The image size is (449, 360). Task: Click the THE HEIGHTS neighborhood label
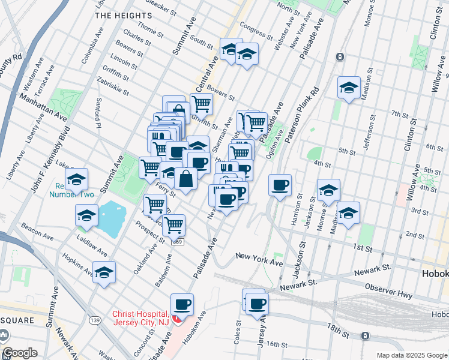[x=124, y=15]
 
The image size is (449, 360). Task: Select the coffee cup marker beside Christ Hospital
[x=182, y=305]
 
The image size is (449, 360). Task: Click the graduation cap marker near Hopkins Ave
[x=104, y=272]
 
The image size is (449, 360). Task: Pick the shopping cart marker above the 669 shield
[x=173, y=226]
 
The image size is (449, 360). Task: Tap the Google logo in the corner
[x=20, y=353]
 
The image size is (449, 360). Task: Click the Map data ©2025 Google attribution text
[x=412, y=355]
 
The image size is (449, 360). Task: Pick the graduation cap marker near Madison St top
[x=349, y=88]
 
